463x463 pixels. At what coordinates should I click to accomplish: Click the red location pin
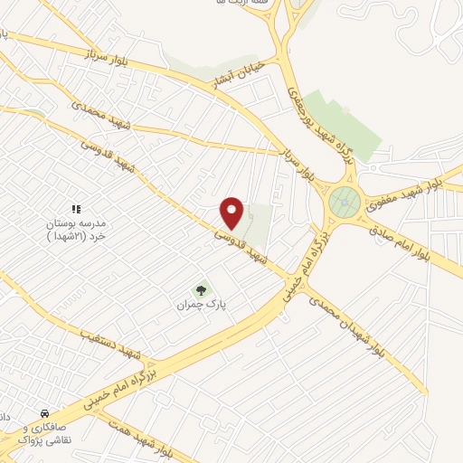233,212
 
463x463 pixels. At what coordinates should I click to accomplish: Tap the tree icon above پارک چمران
201,290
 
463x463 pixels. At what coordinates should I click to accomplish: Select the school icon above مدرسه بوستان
76,209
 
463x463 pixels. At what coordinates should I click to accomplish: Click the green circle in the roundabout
344,202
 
